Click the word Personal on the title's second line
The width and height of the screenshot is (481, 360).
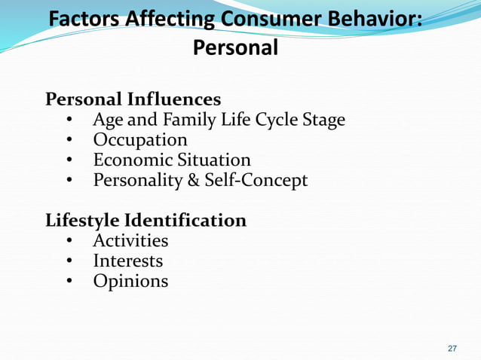tap(236, 48)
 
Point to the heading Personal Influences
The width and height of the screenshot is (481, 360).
tap(133, 99)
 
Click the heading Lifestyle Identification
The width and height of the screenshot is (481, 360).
tap(146, 221)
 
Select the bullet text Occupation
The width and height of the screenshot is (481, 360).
tap(140, 140)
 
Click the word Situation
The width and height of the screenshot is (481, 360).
tap(214, 160)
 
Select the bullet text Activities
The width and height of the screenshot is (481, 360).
tap(130, 241)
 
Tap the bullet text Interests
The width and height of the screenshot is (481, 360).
tap(127, 261)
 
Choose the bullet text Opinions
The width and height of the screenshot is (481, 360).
tap(130, 282)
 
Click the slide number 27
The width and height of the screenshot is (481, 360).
tap(452, 348)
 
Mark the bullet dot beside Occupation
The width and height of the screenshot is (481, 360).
tap(69, 141)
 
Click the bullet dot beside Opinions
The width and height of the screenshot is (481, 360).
tap(69, 282)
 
